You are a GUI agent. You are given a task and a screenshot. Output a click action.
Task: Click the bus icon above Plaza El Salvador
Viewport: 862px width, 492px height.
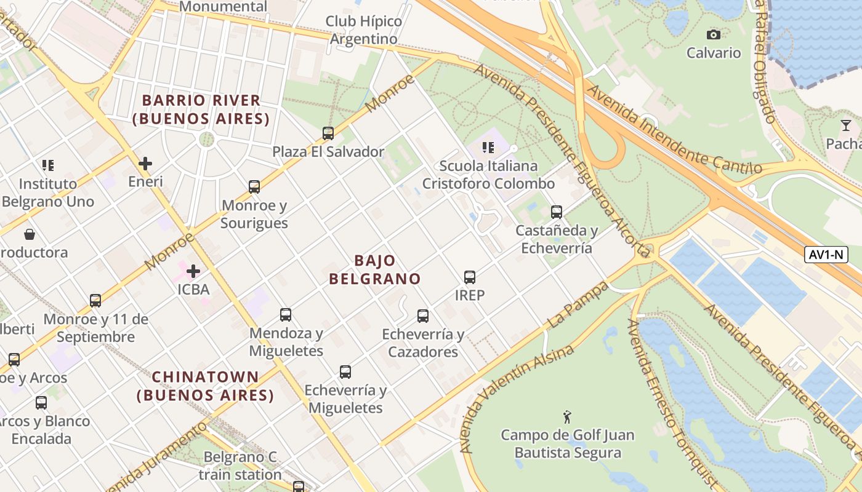tap(328, 133)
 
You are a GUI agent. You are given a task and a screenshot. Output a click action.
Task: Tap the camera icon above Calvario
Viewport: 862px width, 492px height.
tap(714, 34)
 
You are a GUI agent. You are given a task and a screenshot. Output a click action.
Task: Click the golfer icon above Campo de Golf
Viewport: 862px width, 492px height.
tap(567, 417)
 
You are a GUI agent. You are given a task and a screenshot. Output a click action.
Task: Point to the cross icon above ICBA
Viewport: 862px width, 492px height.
tap(193, 271)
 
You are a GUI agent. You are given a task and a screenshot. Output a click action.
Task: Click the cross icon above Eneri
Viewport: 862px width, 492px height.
tap(145, 164)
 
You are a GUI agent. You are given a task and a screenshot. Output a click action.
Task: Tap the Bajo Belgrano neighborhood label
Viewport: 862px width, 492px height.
tap(374, 269)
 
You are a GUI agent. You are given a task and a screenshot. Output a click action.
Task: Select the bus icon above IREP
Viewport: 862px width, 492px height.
tap(470, 277)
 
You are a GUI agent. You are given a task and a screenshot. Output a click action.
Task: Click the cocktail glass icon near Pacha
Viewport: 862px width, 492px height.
tap(846, 125)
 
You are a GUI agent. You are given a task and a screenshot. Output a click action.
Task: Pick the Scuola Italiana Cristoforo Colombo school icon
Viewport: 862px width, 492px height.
tap(488, 148)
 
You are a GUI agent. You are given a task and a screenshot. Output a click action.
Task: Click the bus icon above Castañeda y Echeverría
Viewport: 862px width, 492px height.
tap(557, 212)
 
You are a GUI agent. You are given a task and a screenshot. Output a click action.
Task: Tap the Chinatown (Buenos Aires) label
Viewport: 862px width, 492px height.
tap(205, 386)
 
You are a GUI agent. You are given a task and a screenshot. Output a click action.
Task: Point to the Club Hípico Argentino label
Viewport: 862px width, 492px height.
tap(364, 30)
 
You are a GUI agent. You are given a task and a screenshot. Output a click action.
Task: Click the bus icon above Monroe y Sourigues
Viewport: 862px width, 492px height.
tap(254, 187)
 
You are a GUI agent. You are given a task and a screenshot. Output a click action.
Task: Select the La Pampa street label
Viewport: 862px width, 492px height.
tap(577, 305)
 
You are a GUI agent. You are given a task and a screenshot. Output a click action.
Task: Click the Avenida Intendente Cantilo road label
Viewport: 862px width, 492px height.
tap(674, 130)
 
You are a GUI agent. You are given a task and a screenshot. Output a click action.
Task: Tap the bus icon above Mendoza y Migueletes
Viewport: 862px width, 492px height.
tap(286, 315)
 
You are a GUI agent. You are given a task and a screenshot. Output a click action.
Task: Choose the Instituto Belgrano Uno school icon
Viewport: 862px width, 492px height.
tap(48, 165)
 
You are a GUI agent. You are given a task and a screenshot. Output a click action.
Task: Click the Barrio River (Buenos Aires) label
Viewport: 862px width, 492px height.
tap(201, 109)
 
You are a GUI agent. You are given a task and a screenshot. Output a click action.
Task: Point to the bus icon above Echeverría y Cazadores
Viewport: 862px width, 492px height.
tap(423, 316)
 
